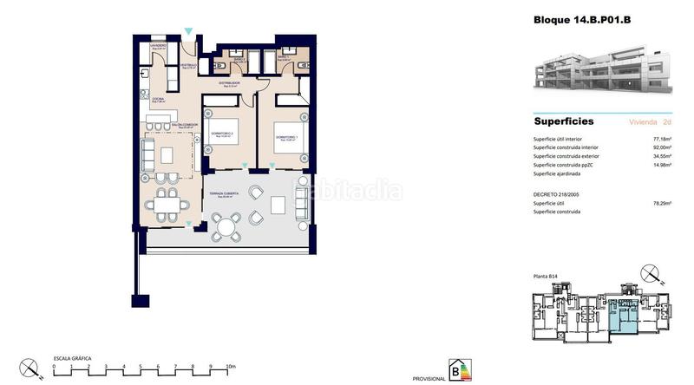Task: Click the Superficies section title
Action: tap(563, 122)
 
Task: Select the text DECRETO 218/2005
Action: tap(562, 193)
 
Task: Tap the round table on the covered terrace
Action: tap(226, 228)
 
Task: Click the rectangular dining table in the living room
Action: tap(167, 206)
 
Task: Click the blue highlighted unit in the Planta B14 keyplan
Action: tap(621, 316)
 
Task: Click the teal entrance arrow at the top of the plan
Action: tap(189, 32)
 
